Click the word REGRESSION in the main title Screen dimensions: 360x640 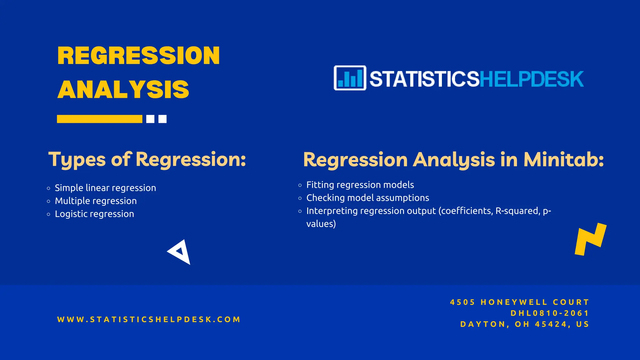coord(138,56)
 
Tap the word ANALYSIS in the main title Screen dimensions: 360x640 coord(123,90)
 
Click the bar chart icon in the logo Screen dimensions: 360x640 coord(350,78)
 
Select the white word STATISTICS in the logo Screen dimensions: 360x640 coord(424,79)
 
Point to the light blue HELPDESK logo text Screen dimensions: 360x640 coord(531,79)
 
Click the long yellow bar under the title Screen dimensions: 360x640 coord(99,119)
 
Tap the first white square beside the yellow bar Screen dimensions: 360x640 coord(150,119)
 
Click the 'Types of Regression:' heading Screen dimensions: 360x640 coord(147,159)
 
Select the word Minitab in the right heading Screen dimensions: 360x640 coord(563,160)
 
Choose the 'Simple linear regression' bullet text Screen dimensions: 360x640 coord(105,188)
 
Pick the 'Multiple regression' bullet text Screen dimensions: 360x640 coord(96,201)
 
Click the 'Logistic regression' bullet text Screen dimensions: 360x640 coord(94,214)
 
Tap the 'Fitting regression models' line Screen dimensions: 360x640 coord(360,185)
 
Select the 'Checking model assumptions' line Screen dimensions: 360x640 coord(367,198)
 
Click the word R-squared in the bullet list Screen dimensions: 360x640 coord(517,211)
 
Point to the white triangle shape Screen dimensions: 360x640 coord(180,252)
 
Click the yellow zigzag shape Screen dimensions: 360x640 coord(590,239)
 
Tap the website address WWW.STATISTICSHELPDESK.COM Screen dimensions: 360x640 coord(149,319)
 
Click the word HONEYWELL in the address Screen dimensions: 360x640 coord(514,302)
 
